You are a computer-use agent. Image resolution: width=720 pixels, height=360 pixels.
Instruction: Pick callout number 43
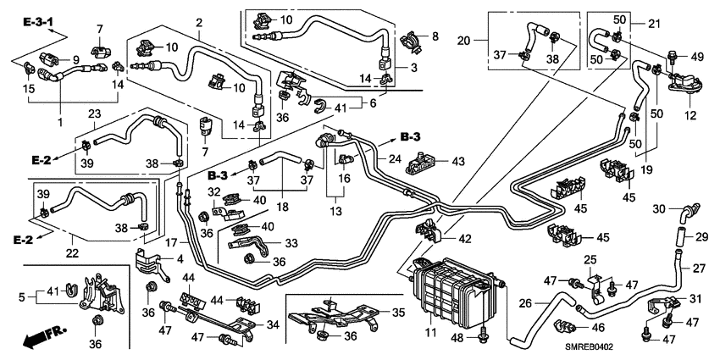point(458,161)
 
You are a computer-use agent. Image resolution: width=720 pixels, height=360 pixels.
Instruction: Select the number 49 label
point(697,57)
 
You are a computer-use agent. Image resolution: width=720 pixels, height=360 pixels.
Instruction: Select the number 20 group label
point(462,40)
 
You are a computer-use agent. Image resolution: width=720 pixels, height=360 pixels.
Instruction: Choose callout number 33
point(291,242)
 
